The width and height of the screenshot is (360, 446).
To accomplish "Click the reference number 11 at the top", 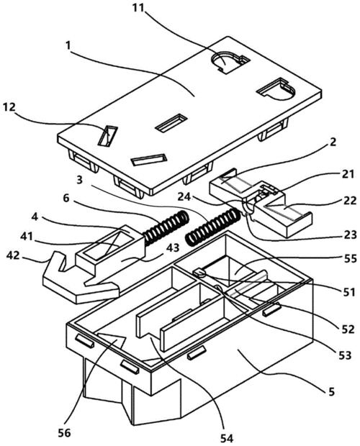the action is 138,8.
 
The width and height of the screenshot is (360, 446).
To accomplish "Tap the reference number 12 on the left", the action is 9,107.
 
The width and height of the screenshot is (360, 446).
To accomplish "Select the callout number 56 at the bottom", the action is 64,433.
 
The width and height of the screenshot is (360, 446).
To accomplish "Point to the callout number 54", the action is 226,438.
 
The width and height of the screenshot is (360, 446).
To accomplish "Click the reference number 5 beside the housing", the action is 331,391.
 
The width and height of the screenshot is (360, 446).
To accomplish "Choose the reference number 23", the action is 350,235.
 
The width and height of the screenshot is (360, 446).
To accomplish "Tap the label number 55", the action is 350,258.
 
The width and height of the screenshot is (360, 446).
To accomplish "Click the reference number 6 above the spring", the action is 66,199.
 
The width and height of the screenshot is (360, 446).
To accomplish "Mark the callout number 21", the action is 348,174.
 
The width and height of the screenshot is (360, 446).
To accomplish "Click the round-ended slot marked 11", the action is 230,62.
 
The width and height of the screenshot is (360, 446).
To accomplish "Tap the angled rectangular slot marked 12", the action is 108,136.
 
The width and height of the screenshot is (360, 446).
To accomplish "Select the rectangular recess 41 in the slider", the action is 106,245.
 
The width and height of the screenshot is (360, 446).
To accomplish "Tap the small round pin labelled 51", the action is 200,273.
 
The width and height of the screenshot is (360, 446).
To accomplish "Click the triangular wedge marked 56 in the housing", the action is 110,340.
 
